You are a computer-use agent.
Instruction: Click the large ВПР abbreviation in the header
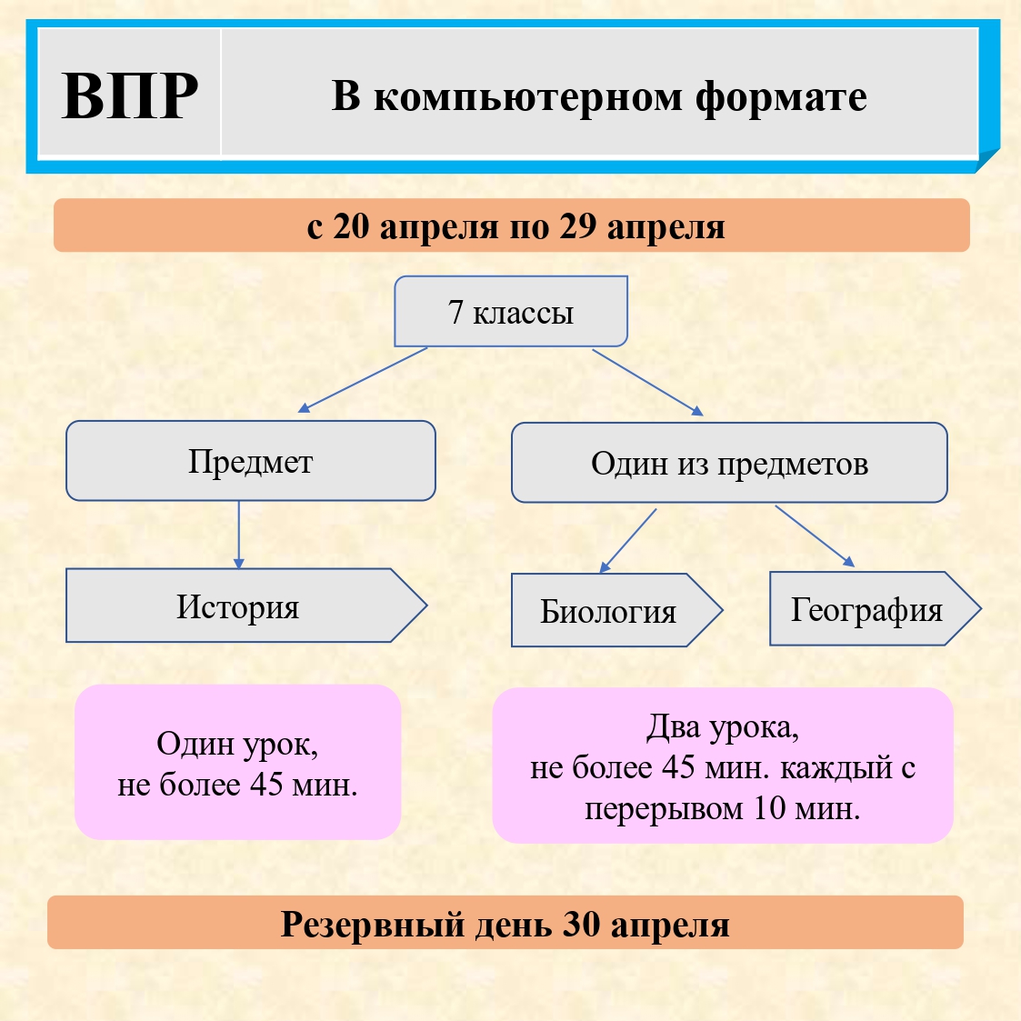(x=130, y=95)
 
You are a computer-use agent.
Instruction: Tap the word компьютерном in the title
(x=528, y=97)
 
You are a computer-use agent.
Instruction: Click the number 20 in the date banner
(x=351, y=226)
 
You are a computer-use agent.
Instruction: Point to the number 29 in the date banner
(x=576, y=226)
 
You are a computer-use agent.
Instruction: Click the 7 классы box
(x=511, y=312)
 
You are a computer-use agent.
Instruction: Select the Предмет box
(x=250, y=461)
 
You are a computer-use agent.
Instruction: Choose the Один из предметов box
(x=729, y=463)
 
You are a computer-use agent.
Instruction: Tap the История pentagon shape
(x=238, y=606)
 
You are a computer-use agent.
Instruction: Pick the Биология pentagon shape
(x=609, y=611)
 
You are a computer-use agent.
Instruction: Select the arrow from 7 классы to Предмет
(x=363, y=380)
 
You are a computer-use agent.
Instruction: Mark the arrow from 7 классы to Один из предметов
(x=647, y=382)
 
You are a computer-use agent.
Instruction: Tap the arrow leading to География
(x=815, y=536)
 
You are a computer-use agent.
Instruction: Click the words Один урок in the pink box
(x=237, y=744)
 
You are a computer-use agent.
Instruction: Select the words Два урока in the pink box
(x=723, y=727)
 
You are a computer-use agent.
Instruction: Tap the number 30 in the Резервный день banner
(x=581, y=924)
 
